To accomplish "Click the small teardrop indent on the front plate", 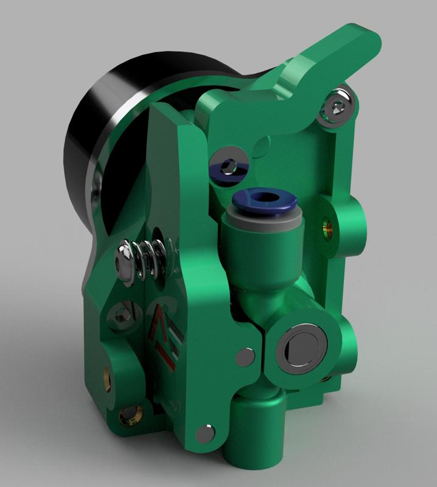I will (x=263, y=144).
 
